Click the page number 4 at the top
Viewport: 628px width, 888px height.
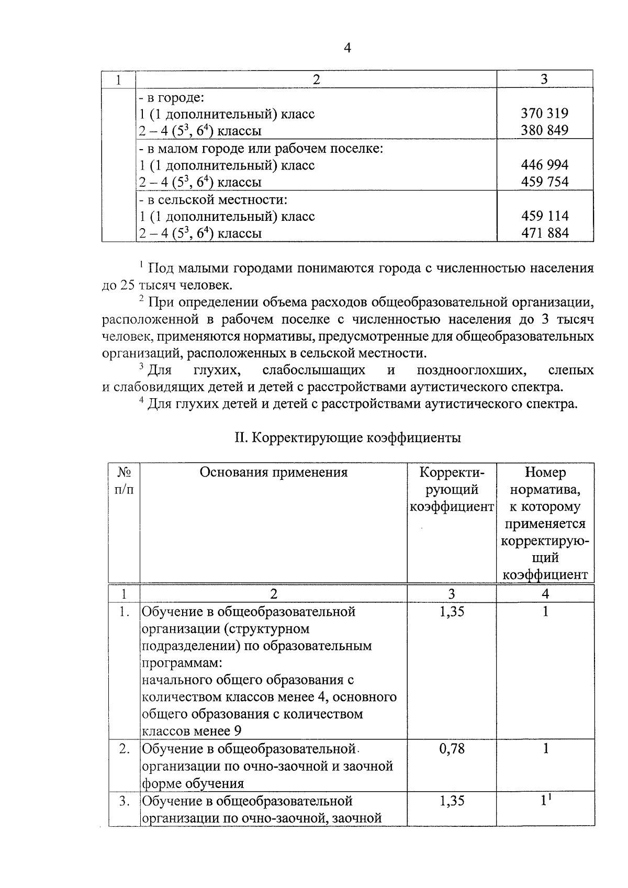(x=347, y=48)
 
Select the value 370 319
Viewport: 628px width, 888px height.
(x=544, y=114)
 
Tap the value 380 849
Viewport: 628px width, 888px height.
(x=544, y=130)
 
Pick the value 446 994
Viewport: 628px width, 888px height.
(x=544, y=165)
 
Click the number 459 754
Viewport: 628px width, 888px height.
(x=544, y=182)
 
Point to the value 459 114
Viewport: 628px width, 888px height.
(x=544, y=216)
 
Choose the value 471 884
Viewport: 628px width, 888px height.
(x=544, y=233)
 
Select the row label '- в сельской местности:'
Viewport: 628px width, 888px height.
(x=213, y=200)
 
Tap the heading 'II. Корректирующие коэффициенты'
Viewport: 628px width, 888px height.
(x=347, y=437)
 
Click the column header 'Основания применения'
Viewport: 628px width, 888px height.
(x=273, y=473)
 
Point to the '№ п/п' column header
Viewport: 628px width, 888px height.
(x=124, y=480)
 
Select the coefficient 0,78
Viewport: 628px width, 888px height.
(x=452, y=749)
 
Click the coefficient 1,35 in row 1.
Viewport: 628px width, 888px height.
(x=452, y=612)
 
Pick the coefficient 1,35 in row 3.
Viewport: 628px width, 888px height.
(x=452, y=801)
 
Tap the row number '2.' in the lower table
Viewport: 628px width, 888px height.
(x=125, y=749)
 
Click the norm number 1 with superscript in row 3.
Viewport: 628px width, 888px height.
(x=546, y=800)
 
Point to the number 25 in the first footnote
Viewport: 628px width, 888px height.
(x=129, y=286)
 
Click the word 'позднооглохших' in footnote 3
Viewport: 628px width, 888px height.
(x=471, y=370)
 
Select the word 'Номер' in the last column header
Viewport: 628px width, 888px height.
(x=545, y=473)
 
